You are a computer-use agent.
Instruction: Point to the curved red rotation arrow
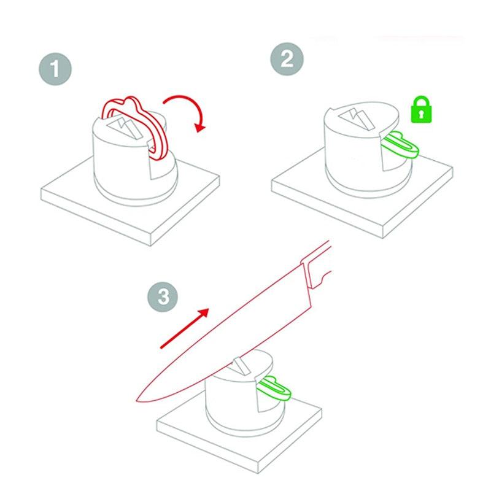tap(188, 110)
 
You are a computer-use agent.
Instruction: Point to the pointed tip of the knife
tap(136, 400)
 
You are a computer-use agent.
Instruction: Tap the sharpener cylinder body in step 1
tap(117, 166)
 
